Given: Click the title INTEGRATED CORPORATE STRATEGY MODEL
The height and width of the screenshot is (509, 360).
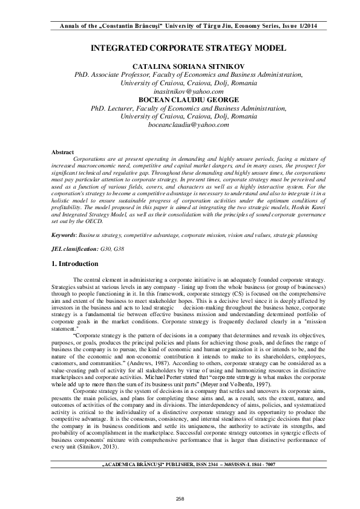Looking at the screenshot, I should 180,47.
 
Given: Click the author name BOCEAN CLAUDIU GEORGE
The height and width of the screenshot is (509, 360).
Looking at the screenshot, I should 180,100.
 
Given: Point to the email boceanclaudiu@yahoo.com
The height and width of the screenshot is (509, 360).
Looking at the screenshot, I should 180,125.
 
